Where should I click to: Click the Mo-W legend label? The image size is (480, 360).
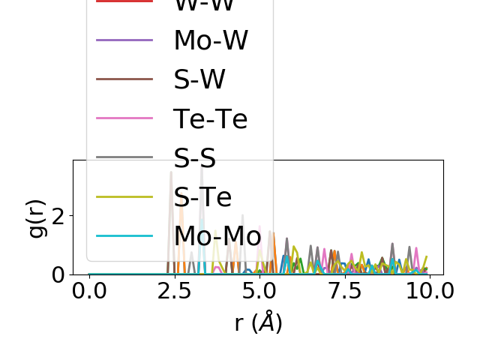click(x=211, y=40)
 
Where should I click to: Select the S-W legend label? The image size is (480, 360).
click(x=199, y=79)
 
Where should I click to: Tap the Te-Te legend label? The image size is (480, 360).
click(x=211, y=118)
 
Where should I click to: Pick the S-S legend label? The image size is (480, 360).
click(x=195, y=157)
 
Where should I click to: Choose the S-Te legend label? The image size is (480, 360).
click(x=202, y=196)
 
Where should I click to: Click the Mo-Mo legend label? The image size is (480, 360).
click(x=217, y=235)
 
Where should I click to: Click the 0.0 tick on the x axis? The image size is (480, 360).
click(x=89, y=291)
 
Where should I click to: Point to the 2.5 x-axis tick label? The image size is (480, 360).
click(x=174, y=291)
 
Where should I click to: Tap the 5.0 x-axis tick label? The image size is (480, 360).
click(x=259, y=291)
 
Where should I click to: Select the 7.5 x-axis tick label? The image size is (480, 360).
click(x=344, y=291)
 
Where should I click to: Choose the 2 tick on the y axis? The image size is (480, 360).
click(x=60, y=216)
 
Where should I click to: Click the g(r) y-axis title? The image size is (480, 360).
click(x=36, y=217)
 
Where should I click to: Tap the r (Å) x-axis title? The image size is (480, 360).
click(x=258, y=322)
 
